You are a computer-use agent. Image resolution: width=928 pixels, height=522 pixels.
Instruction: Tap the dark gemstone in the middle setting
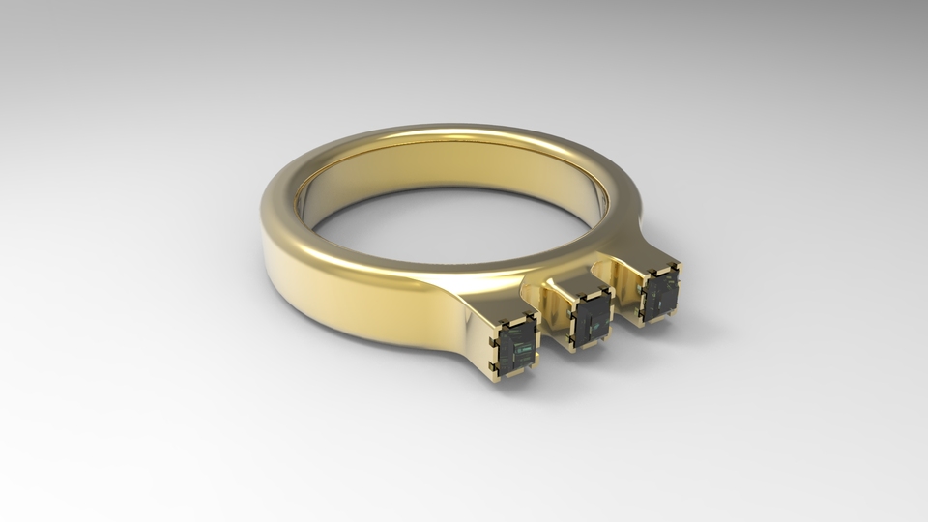(x=592, y=316)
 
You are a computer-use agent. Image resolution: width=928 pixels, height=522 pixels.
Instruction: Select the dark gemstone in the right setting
(x=661, y=293)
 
